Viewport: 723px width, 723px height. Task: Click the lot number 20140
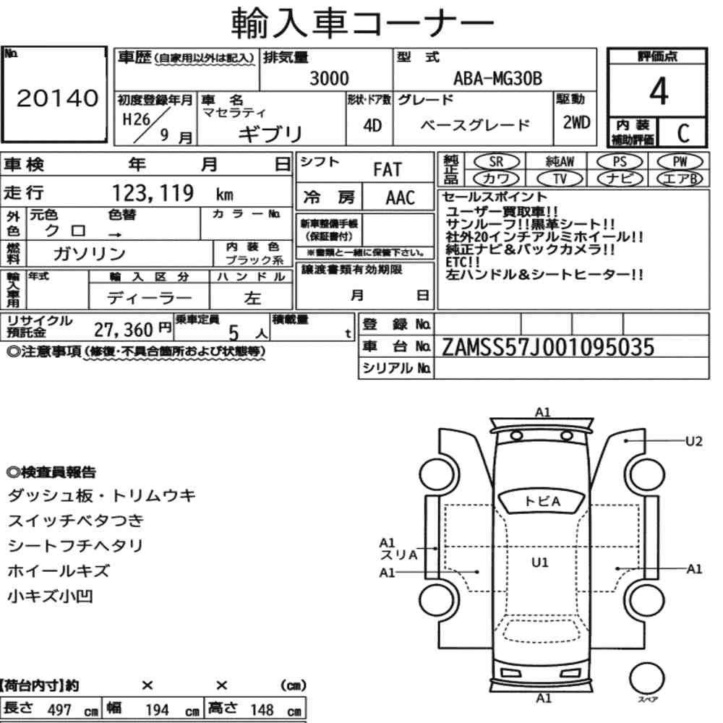click(58, 98)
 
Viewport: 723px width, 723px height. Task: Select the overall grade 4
click(659, 91)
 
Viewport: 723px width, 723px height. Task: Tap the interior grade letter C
click(683, 133)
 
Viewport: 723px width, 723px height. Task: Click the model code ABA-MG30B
click(497, 78)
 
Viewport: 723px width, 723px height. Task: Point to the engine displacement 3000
click(329, 78)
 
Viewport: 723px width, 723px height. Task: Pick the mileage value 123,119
click(153, 193)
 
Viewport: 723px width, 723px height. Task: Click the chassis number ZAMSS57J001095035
click(548, 347)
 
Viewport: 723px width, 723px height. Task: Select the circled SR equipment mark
click(497, 161)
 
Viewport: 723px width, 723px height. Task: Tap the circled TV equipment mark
click(560, 179)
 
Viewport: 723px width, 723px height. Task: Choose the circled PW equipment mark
click(680, 161)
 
